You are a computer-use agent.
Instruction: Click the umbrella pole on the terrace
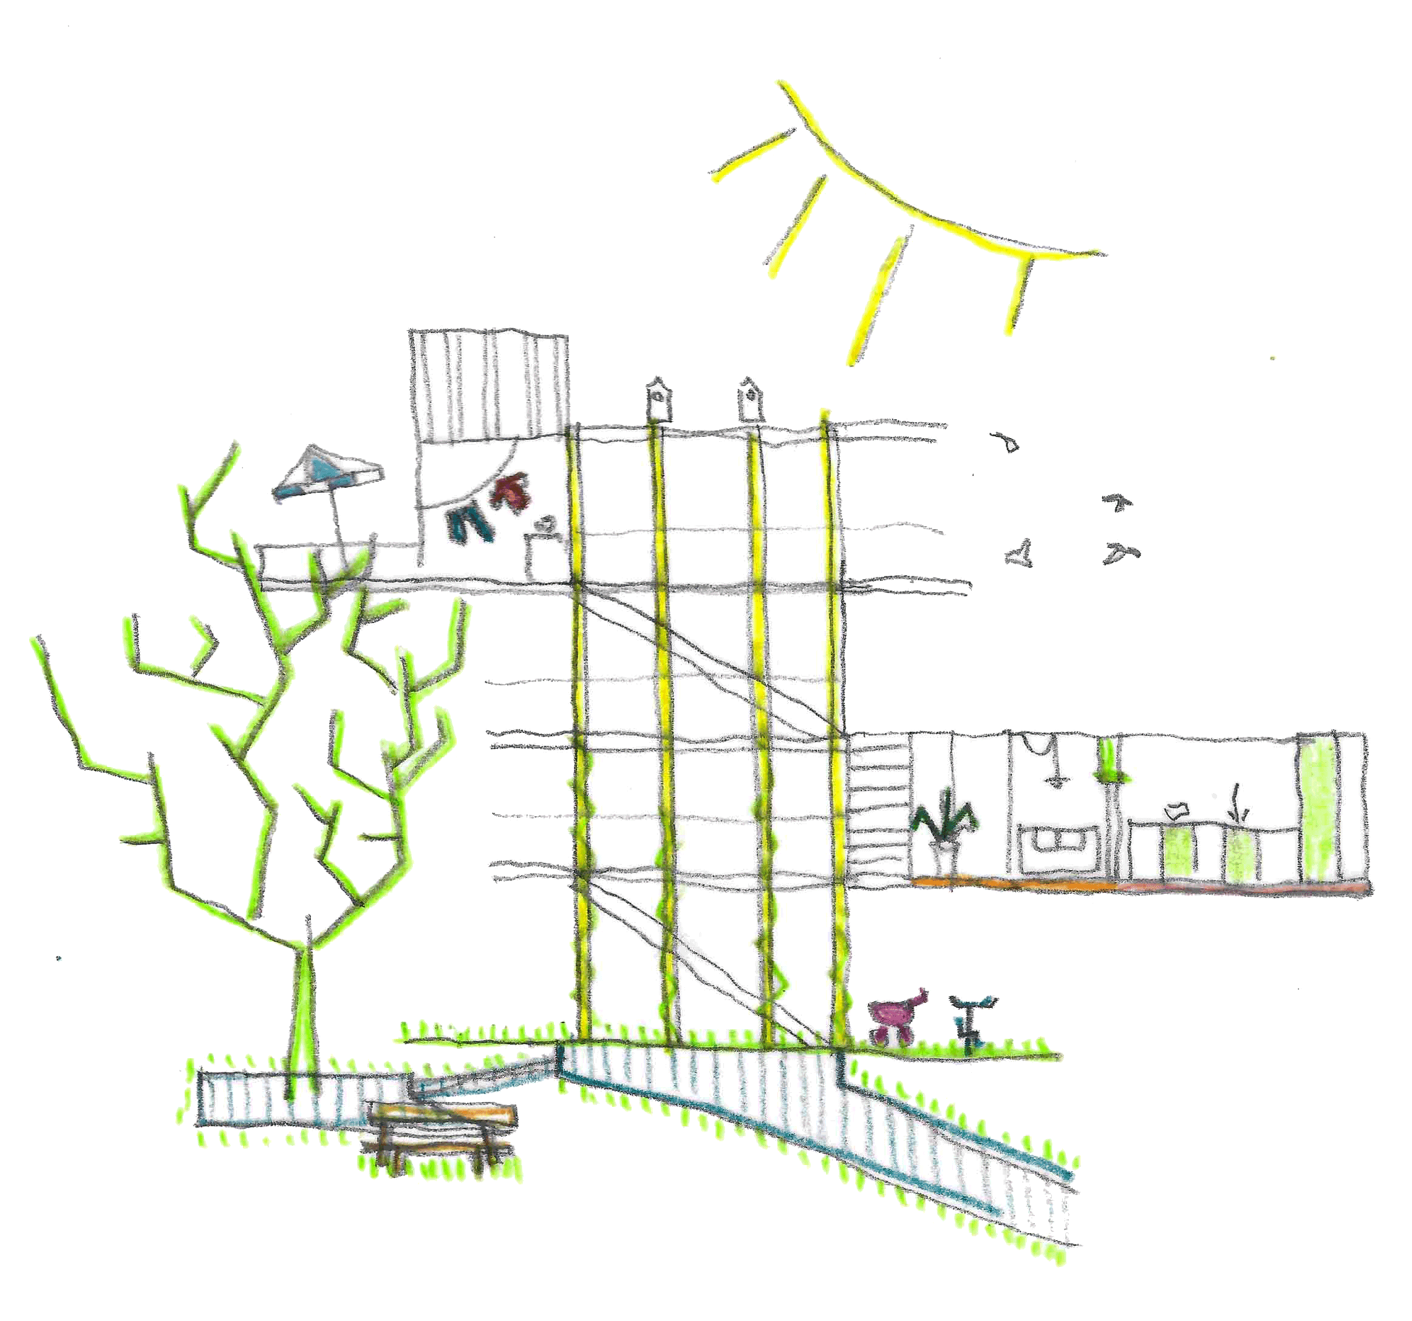(335, 518)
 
